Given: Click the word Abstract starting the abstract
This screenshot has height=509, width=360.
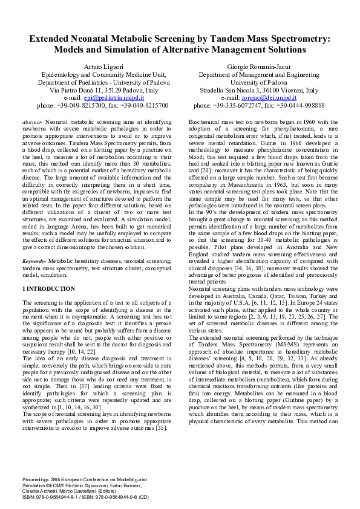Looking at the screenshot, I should click(31, 122).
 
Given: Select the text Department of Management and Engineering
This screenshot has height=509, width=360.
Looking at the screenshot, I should click(259, 74).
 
